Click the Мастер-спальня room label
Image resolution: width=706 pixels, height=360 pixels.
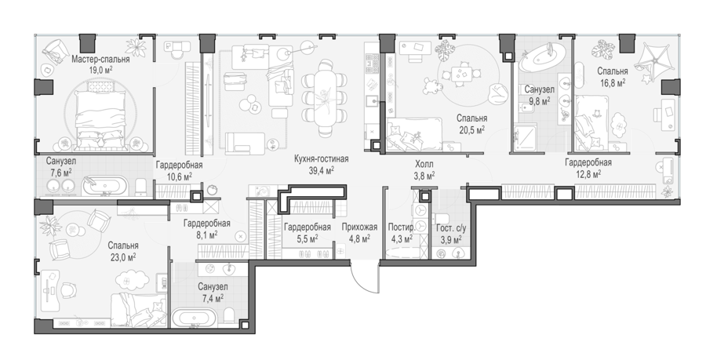pyautogui.click(x=101, y=60)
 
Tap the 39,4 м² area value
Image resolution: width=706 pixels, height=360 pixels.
pyautogui.click(x=321, y=170)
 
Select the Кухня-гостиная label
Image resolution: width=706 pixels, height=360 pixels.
pyautogui.click(x=321, y=159)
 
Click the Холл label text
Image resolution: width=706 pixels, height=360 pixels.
pyautogui.click(x=424, y=165)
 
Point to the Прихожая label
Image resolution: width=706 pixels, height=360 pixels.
pyautogui.click(x=359, y=227)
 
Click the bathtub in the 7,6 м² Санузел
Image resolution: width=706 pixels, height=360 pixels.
pyautogui.click(x=105, y=185)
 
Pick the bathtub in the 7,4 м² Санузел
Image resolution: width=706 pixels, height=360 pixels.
pyautogui.click(x=195, y=317)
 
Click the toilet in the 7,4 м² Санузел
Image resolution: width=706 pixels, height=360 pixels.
pyautogui.click(x=230, y=317)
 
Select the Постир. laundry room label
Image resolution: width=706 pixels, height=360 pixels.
pyautogui.click(x=401, y=227)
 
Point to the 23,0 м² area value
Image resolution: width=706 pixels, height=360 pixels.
pyautogui.click(x=123, y=257)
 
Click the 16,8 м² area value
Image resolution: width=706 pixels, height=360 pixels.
pyautogui.click(x=613, y=82)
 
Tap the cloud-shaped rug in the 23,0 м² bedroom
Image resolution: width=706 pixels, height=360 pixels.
pyautogui.click(x=133, y=280)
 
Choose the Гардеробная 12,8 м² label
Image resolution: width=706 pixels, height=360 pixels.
pyautogui.click(x=588, y=162)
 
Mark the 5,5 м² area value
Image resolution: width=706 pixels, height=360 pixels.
pyautogui.click(x=307, y=238)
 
